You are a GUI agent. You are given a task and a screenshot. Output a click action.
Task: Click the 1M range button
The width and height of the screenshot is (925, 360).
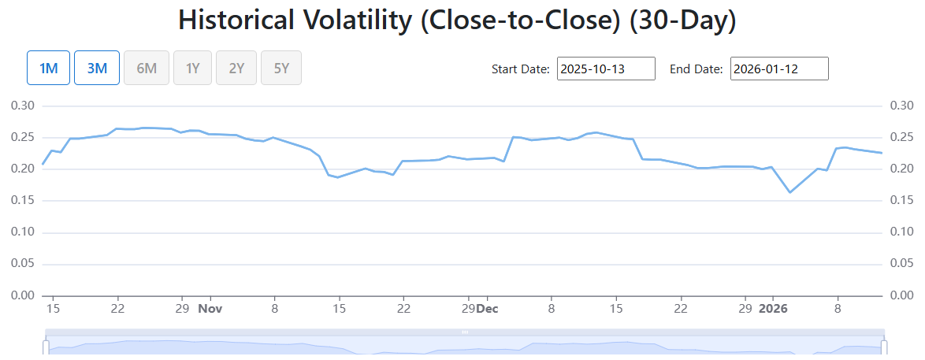click(48, 67)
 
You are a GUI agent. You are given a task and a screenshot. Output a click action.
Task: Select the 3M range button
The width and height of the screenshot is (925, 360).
click(97, 67)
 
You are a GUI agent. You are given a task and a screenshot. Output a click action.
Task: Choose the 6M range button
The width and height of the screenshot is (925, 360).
click(147, 67)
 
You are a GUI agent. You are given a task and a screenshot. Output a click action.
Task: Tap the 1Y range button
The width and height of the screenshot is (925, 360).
click(192, 67)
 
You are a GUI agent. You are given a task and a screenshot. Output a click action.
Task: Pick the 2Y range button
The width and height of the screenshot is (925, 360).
click(236, 67)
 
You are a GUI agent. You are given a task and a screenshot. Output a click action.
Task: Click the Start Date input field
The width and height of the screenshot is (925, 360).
click(606, 69)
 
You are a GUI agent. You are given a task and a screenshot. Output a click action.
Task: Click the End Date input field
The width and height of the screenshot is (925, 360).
click(779, 69)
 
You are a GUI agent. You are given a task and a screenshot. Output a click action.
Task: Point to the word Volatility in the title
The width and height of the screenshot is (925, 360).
click(337, 20)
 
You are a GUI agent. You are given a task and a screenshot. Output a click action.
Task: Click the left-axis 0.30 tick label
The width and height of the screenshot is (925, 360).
click(24, 106)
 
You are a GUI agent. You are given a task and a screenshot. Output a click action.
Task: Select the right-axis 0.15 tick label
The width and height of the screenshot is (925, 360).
click(901, 201)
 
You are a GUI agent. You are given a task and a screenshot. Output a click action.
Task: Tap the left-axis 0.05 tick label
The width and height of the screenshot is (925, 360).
click(24, 264)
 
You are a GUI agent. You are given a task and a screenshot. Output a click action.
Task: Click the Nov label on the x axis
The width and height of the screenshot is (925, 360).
click(210, 308)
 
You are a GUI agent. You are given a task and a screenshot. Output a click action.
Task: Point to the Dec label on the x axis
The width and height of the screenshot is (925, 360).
click(487, 308)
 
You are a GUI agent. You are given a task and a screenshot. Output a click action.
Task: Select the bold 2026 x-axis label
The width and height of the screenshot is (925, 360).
click(774, 308)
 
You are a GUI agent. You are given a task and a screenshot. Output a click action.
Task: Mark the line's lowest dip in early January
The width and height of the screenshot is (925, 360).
click(790, 192)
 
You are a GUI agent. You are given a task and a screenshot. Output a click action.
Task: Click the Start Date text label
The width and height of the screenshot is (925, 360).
click(521, 69)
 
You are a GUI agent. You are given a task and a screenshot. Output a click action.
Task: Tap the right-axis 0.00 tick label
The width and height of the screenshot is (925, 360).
click(901, 295)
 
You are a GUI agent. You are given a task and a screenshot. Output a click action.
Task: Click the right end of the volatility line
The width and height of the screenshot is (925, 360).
click(882, 153)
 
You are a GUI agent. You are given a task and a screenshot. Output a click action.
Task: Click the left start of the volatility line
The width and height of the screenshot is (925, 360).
click(43, 164)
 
